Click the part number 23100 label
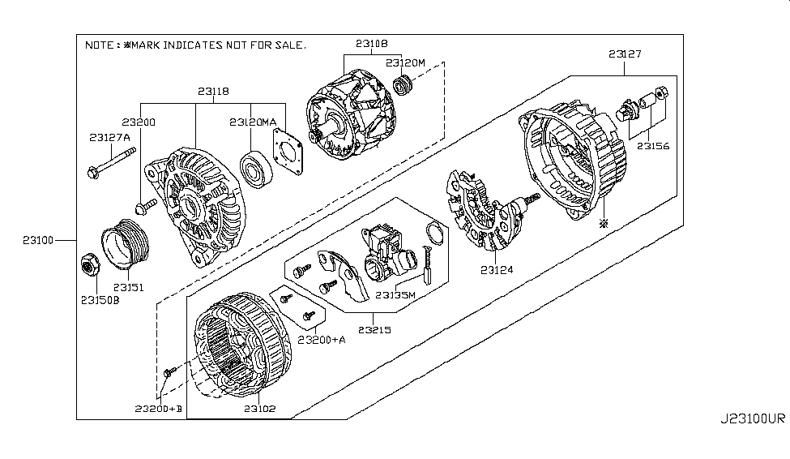[x=38, y=240]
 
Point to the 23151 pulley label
[x=127, y=286]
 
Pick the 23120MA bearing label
[x=253, y=122]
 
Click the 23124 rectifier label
[x=497, y=269]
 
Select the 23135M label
[x=396, y=294]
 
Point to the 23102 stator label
[x=258, y=409]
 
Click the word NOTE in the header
[x=100, y=45]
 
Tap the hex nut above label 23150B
[x=89, y=264]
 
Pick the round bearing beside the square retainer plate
[x=258, y=168]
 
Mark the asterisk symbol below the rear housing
[x=602, y=222]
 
